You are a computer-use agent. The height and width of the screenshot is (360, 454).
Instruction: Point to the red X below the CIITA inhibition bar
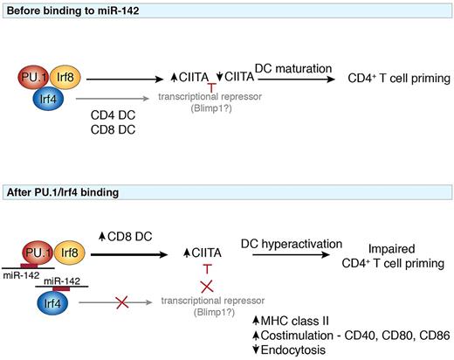208,287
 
